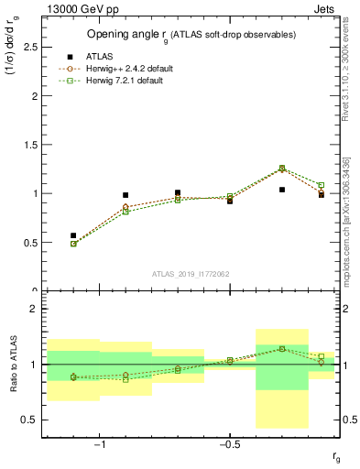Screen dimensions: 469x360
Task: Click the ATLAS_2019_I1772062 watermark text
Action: pos(191,274)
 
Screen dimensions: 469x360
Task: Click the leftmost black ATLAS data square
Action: pos(73,235)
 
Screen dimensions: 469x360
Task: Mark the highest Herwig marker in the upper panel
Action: pos(282,169)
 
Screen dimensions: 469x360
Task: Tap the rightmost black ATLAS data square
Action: pos(322,194)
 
